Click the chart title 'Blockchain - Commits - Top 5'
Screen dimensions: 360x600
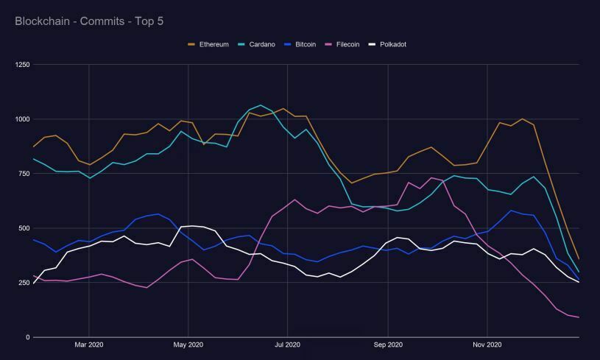click(x=89, y=21)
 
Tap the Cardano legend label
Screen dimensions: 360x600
click(x=261, y=44)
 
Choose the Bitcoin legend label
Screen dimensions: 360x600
click(x=306, y=44)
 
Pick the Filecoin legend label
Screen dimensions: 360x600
click(x=347, y=44)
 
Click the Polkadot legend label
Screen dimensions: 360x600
click(x=392, y=44)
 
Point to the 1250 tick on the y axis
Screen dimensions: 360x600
click(x=21, y=65)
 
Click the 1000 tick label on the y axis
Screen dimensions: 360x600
click(x=21, y=119)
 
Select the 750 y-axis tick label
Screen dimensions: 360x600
click(x=23, y=174)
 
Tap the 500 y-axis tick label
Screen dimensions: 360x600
click(x=23, y=228)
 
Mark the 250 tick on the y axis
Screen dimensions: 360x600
click(x=23, y=283)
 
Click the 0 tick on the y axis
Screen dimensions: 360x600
click(x=27, y=337)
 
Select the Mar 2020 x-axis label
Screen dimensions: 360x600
click(x=89, y=345)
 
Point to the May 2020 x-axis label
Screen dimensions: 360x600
click(x=188, y=345)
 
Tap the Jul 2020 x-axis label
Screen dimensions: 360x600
click(x=287, y=345)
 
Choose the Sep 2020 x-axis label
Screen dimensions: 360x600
click(x=388, y=345)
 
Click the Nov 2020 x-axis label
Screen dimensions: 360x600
click(x=487, y=345)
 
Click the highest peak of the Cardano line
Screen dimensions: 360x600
click(x=261, y=105)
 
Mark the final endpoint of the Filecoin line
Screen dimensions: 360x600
click(x=579, y=317)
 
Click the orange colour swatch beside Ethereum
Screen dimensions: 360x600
click(x=192, y=44)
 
